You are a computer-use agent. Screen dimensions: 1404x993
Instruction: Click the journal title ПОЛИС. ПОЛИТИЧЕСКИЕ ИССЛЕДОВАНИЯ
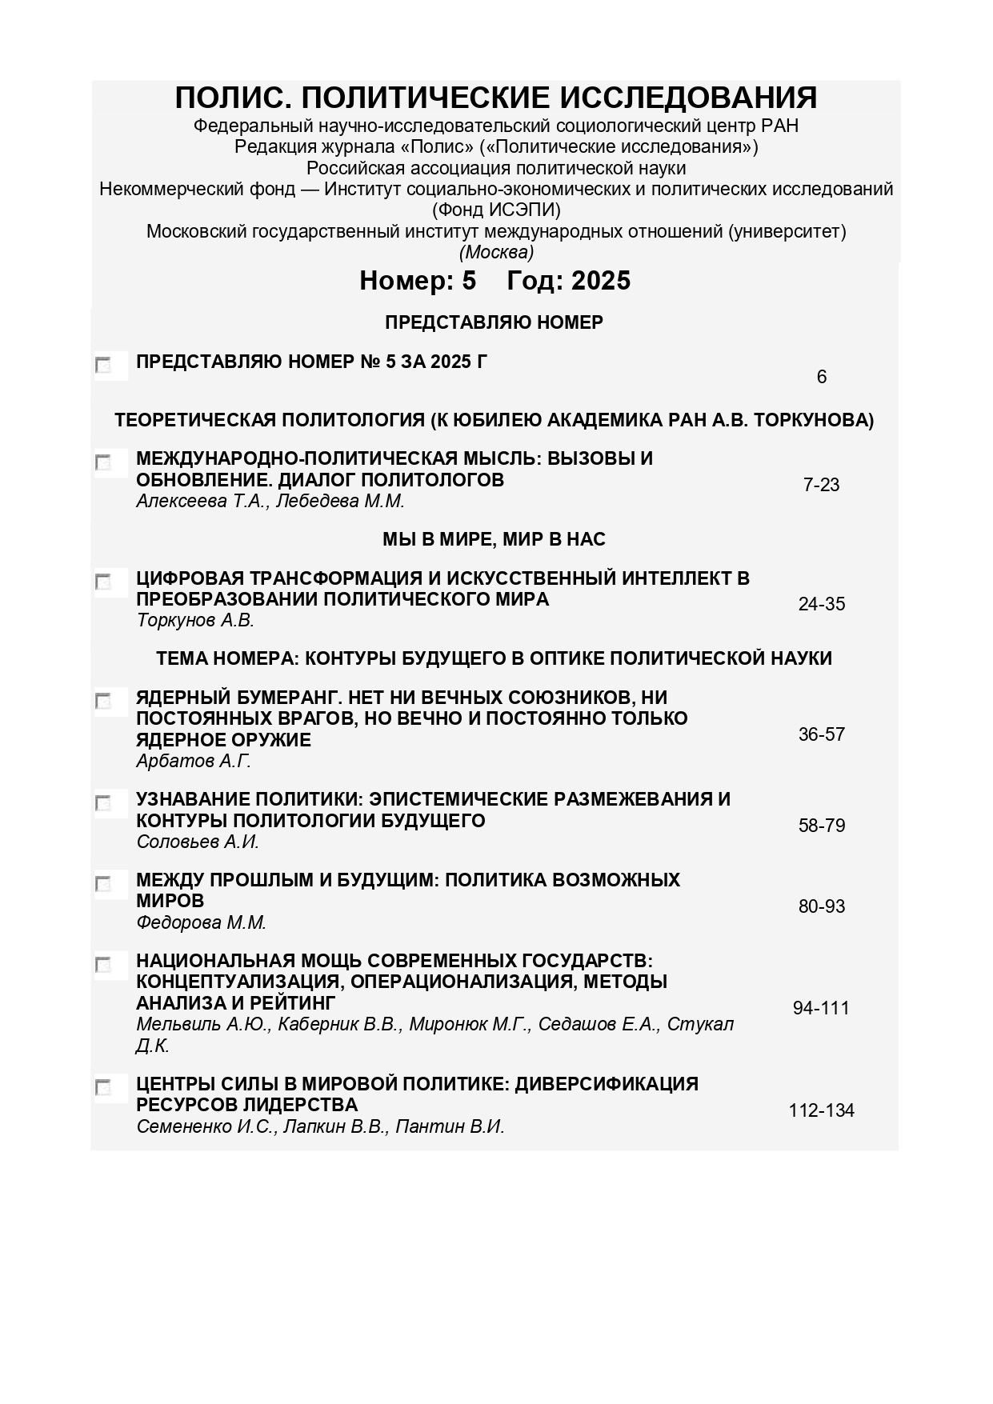coord(496,98)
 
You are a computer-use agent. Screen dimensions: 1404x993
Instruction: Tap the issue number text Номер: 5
coord(418,281)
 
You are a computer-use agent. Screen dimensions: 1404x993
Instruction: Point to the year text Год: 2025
coord(569,281)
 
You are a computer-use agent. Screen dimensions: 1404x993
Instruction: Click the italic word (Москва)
coord(496,253)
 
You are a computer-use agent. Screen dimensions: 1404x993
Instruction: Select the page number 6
coord(821,377)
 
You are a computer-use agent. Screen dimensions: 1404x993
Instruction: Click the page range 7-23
coord(821,485)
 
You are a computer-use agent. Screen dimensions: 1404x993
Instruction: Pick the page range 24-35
coord(821,604)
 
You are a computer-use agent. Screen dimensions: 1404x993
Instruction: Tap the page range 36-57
coord(821,734)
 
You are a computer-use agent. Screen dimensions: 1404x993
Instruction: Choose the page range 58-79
coord(821,826)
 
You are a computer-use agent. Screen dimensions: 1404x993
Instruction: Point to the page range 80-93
coord(821,906)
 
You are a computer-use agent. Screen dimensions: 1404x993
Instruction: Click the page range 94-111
coord(821,1008)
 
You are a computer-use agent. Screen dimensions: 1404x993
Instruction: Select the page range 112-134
coord(821,1110)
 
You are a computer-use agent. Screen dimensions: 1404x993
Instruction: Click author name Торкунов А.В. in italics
coord(195,621)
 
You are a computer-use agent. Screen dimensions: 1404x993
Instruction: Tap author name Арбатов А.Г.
coord(194,761)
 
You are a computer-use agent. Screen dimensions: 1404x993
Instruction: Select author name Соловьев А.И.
coord(198,842)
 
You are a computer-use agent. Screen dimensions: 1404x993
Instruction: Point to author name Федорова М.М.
coord(201,922)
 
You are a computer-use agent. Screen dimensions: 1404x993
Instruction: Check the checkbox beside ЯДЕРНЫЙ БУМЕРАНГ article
coord(103,702)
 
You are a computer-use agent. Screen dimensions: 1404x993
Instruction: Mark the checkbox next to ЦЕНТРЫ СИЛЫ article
coord(103,1088)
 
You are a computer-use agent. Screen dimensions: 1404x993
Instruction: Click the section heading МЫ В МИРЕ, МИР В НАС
coord(494,540)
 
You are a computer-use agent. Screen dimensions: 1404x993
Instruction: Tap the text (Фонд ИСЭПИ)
coord(496,210)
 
